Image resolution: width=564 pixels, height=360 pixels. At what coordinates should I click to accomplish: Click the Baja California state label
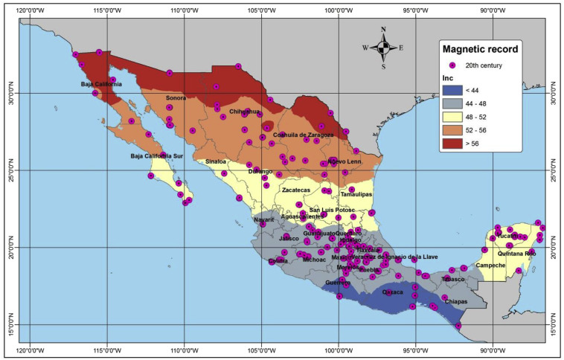pos(101,84)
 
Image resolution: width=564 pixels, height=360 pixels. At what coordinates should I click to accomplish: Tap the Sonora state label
pos(176,98)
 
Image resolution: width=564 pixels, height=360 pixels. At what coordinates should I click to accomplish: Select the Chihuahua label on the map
pos(245,112)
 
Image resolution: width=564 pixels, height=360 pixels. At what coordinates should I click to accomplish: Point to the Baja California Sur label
pos(156,156)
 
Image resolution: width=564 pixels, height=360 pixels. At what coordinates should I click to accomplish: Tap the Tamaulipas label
pos(356,194)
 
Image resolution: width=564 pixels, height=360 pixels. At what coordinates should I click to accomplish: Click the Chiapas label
pos(455,301)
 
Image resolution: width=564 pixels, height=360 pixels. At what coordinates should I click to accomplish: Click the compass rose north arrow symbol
pos(383,48)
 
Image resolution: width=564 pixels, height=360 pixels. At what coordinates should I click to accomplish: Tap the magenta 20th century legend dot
pos(452,65)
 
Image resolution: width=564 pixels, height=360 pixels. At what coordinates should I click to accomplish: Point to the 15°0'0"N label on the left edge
pos(10,324)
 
